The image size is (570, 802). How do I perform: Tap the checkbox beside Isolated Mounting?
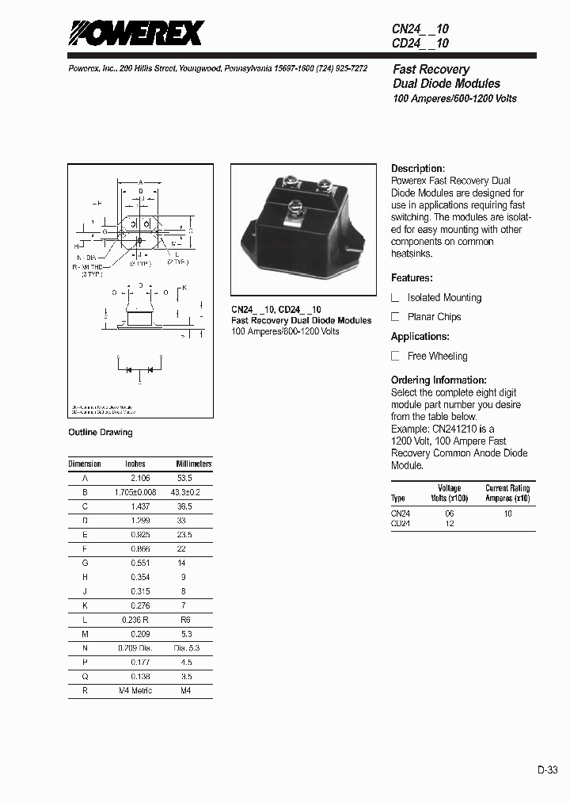pos(396,298)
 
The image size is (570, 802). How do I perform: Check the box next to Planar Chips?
pos(396,317)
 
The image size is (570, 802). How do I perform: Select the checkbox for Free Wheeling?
pos(396,357)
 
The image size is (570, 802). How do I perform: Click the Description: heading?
pos(418,169)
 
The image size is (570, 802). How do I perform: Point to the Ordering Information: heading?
pos(439,380)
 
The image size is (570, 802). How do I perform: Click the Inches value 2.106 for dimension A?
pos(139,479)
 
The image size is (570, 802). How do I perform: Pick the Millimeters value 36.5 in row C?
pos(184,506)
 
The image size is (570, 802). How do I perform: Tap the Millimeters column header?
pos(193,464)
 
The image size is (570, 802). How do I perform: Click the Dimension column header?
pos(85,464)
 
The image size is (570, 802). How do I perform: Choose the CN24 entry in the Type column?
pos(401,514)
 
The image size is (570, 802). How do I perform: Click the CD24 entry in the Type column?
pos(401,524)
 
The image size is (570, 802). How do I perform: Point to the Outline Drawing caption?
pos(101,432)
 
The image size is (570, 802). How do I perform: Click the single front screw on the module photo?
pos(292,210)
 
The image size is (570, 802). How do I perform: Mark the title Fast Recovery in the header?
pos(431,70)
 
